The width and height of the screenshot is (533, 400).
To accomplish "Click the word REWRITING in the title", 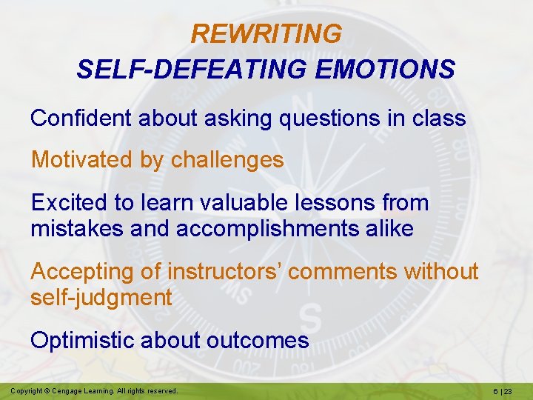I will [266, 34].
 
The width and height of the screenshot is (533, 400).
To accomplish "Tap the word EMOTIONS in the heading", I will [385, 70].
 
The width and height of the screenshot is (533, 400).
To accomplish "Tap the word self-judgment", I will [101, 298].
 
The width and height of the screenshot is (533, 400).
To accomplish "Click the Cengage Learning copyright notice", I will [94, 390].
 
